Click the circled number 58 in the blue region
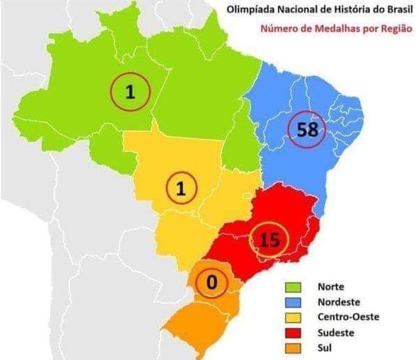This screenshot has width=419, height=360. (x=307, y=129)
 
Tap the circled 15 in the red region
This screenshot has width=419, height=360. (x=269, y=240)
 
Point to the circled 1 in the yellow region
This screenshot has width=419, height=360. (x=181, y=188)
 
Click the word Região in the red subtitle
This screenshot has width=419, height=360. (x=393, y=29)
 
